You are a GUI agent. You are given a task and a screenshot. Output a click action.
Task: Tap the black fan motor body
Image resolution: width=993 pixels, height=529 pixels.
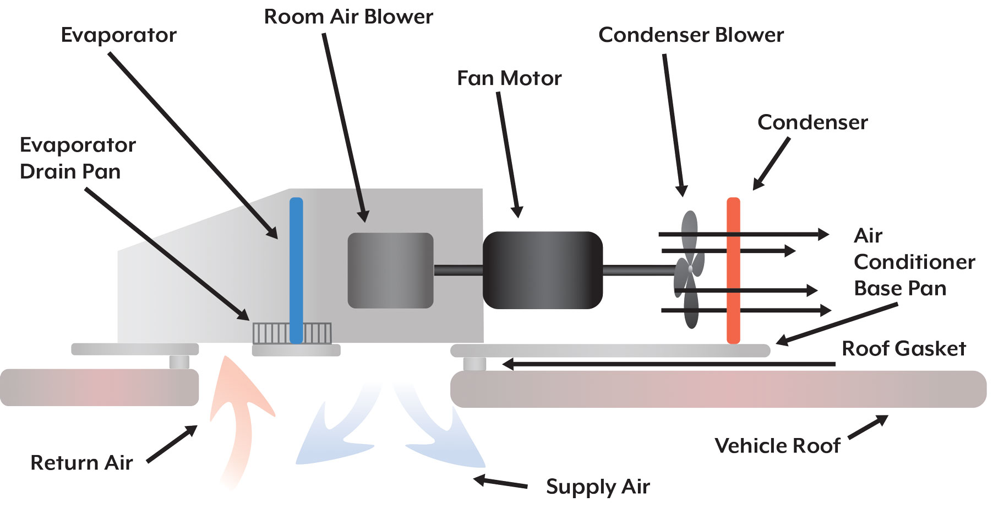point(543,270)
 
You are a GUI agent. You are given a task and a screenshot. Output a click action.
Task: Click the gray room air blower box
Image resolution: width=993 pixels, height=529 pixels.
point(390,270)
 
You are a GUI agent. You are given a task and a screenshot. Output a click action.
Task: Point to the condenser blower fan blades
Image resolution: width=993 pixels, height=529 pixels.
point(689,270)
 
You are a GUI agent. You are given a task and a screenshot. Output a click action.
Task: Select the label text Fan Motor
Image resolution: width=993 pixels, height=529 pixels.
point(509,78)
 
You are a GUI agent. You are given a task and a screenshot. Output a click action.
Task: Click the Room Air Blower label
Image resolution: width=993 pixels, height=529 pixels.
point(348,17)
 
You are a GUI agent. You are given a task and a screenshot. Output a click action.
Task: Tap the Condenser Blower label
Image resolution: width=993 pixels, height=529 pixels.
point(691,35)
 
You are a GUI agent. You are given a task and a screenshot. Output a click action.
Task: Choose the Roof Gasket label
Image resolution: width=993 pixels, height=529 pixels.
point(904,348)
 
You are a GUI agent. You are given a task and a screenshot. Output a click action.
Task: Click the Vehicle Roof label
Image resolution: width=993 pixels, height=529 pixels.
point(777,445)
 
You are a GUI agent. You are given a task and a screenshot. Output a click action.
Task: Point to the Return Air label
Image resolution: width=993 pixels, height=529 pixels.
point(81,462)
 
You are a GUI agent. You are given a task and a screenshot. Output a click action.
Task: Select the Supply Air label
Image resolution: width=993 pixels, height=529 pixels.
point(598,487)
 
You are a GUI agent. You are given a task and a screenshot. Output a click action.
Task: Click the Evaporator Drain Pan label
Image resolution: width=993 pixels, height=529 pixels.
point(77,158)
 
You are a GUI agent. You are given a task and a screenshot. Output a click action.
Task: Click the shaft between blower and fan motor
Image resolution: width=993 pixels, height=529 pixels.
point(458,270)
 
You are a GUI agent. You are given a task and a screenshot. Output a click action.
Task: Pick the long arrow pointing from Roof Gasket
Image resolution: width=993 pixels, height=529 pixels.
point(669,364)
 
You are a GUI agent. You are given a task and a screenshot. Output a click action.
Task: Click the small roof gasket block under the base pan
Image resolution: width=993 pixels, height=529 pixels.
point(474,364)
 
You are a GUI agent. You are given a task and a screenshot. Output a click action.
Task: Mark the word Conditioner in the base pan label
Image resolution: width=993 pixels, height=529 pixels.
point(914,262)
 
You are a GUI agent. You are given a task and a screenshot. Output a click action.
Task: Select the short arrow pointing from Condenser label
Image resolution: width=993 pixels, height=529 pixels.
point(772,163)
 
